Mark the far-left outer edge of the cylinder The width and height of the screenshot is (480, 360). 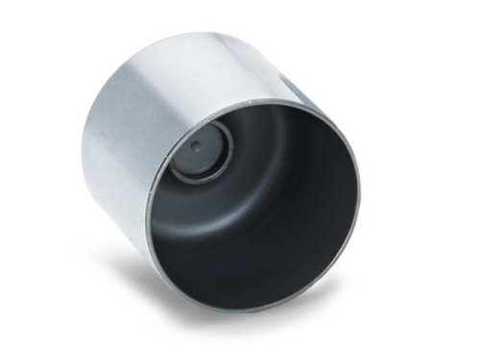(x=84, y=158)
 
